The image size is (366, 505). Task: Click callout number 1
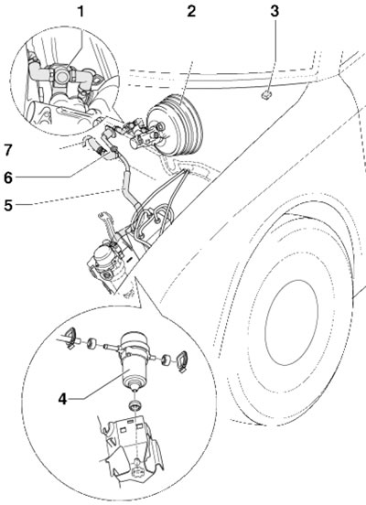(x=81, y=11)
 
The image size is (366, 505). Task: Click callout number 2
(x=191, y=11)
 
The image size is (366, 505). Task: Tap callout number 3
(x=274, y=11)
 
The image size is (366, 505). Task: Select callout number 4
(x=62, y=400)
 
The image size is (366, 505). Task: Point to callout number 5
(x=8, y=205)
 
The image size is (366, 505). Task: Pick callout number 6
(x=8, y=177)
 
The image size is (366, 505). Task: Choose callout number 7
(x=8, y=150)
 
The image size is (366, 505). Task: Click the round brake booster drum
(x=176, y=125)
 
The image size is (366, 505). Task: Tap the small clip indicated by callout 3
(x=266, y=95)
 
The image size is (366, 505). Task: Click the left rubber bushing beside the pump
(x=91, y=343)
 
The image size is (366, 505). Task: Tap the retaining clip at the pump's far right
(x=183, y=360)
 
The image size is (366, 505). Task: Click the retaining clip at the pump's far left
(x=71, y=338)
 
